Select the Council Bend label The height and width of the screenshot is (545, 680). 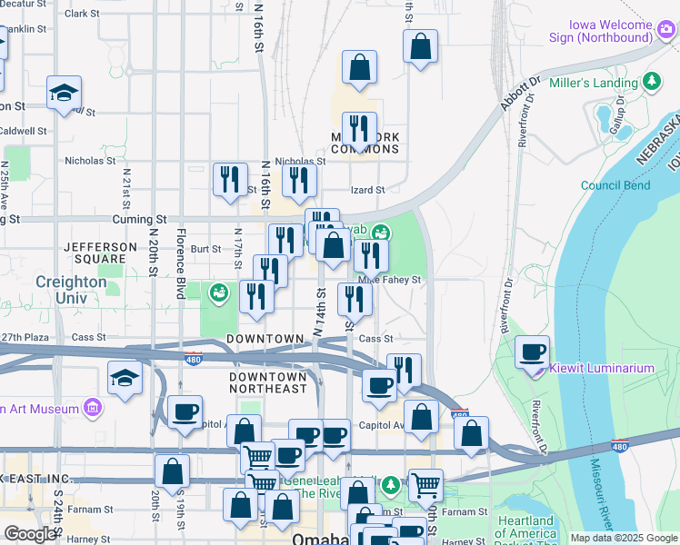coord(615,185)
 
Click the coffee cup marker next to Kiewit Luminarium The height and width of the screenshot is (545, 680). coord(533,352)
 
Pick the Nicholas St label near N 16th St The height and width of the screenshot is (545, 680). coord(91,161)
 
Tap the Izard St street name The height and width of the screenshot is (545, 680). coord(368,190)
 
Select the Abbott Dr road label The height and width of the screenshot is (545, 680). coord(520,94)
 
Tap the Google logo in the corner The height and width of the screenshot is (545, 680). coord(30,534)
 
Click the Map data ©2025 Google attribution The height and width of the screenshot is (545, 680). coord(623,538)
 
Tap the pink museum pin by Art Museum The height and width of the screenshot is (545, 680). coord(91,409)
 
